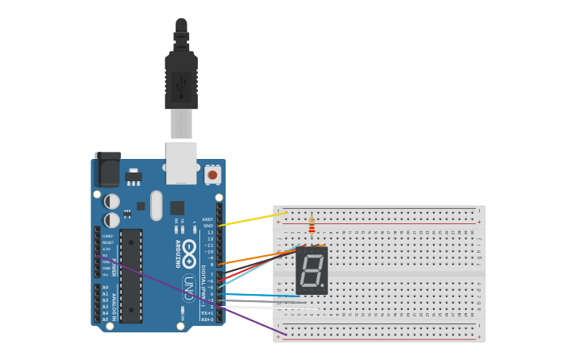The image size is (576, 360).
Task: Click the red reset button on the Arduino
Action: coord(212,174)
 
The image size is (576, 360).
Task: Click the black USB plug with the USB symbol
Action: coord(181,81)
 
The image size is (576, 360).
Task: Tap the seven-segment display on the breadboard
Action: coord(311,270)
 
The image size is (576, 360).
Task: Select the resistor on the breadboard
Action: coord(311,225)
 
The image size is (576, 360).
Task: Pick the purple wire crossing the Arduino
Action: coord(199,299)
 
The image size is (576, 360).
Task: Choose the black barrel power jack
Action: coord(107,169)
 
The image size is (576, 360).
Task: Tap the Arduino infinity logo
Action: coord(189,253)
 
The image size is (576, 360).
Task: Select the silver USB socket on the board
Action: coord(181,159)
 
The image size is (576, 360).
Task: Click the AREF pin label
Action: coord(207,219)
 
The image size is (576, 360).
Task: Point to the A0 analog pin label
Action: coord(105,288)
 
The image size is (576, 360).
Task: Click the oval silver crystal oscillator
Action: coord(156,204)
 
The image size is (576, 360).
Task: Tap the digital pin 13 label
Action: coord(210,232)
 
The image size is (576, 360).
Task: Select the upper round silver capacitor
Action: coord(112,202)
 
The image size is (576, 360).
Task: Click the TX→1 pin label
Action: coord(207,313)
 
